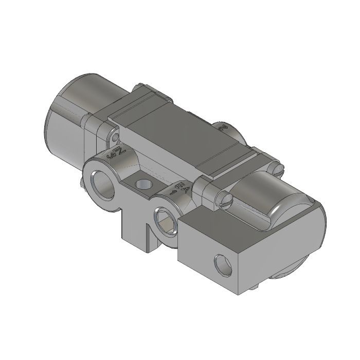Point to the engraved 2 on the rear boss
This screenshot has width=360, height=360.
223,127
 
